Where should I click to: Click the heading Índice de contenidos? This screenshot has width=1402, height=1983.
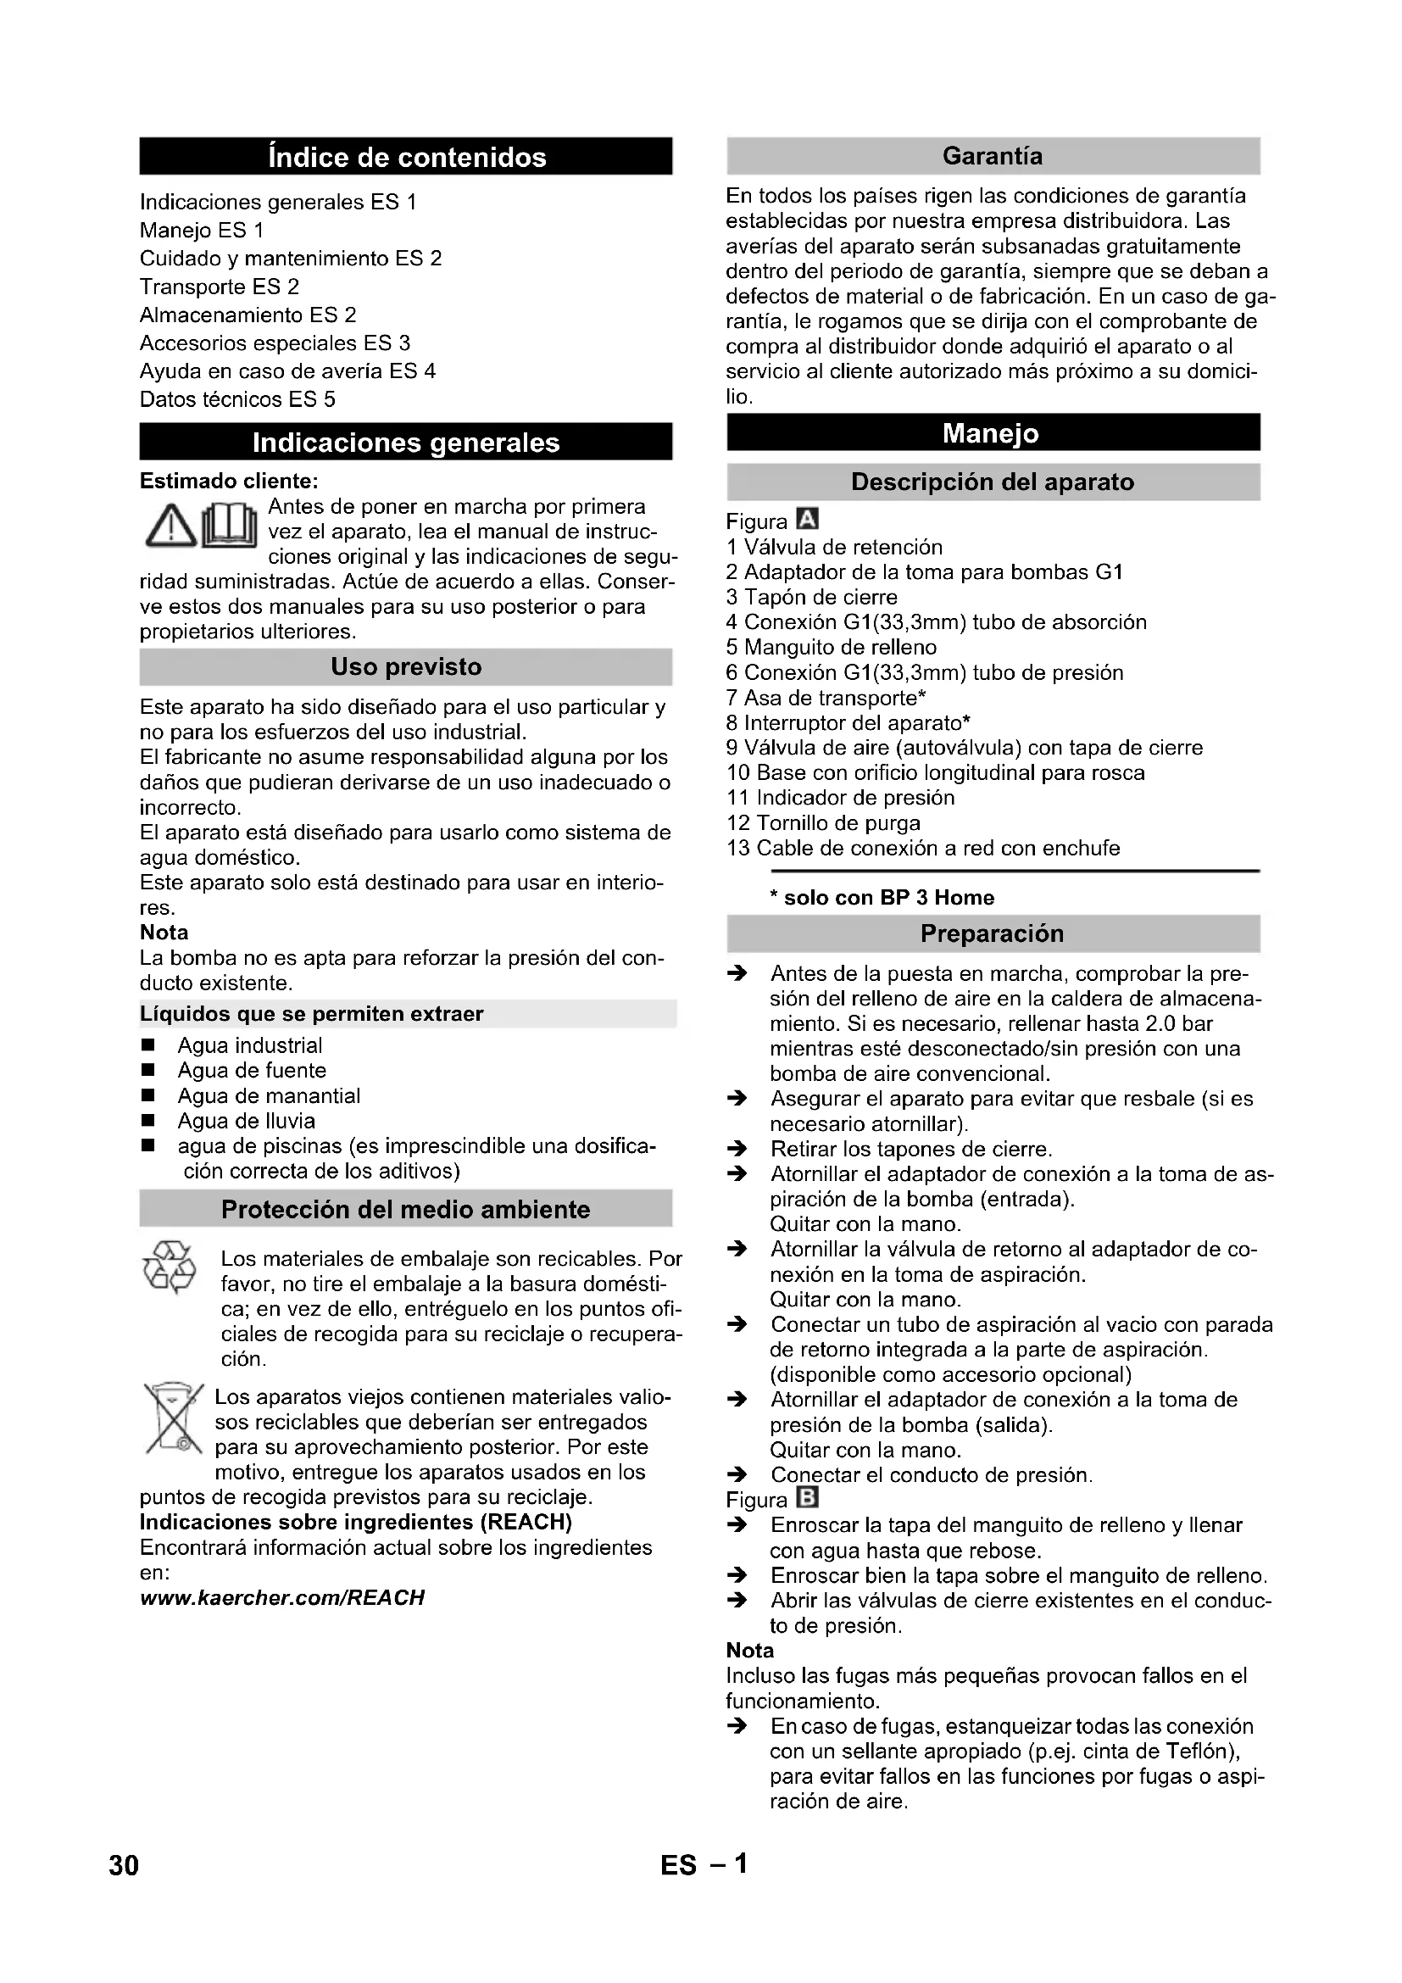[406, 157]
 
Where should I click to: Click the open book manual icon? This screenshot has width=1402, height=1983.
[230, 526]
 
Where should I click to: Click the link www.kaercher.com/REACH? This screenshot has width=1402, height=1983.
[282, 1598]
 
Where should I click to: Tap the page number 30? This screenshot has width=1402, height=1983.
[124, 1865]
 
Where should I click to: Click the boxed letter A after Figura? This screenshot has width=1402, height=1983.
[808, 520]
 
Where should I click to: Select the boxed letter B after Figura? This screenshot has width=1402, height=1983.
[808, 1498]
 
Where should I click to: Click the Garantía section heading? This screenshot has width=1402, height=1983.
[993, 156]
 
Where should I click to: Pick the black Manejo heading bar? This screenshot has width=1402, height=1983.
[993, 432]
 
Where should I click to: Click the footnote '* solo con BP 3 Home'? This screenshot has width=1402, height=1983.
[882, 898]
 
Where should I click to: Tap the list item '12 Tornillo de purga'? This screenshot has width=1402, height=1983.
[824, 823]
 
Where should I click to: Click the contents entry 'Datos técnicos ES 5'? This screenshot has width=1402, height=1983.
[237, 399]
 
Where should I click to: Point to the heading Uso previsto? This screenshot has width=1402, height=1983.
[406, 666]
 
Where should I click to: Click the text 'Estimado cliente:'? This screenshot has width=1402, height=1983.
[229, 481]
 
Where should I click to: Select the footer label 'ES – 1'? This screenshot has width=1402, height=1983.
[704, 1865]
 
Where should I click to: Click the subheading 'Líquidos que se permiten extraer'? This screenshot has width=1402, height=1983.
[311, 1014]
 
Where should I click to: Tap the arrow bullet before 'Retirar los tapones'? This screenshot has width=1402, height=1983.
[737, 1150]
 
